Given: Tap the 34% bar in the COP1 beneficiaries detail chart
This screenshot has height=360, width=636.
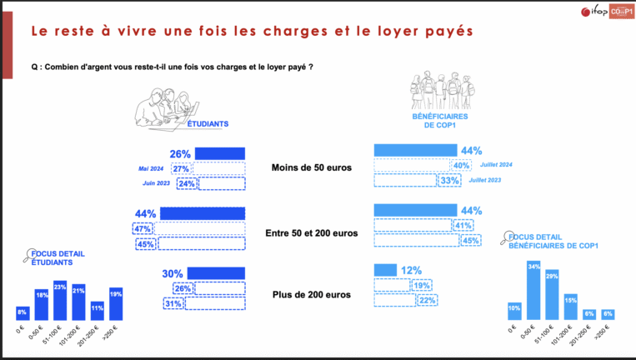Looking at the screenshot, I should (x=533, y=291).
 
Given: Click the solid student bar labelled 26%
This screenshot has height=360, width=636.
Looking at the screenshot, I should (x=219, y=153).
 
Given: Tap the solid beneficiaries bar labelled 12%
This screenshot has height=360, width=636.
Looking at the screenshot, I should (x=385, y=270).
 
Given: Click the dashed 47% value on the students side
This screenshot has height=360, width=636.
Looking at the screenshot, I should (x=142, y=229).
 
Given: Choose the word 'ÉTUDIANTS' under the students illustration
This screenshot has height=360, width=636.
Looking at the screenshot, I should (x=208, y=124).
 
